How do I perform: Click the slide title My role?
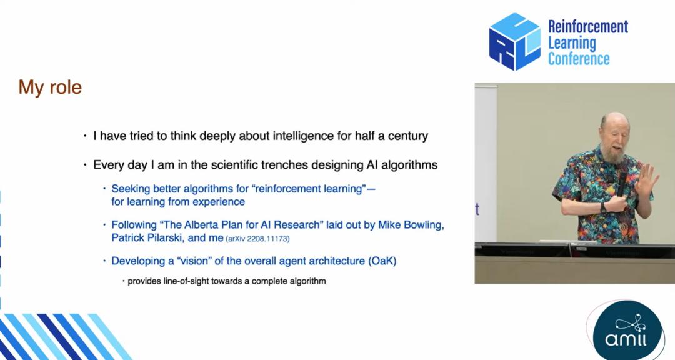[x=50, y=87]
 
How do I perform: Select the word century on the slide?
[x=408, y=136]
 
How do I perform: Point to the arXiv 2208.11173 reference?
[x=257, y=239]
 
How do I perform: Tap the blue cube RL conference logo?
[x=515, y=42]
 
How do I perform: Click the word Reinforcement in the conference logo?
[x=588, y=27]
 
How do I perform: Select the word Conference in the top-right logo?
[x=579, y=59]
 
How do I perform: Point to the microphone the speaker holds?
[x=622, y=184]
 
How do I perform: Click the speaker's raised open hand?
[x=647, y=179]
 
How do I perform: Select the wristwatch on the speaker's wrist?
[x=604, y=207]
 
